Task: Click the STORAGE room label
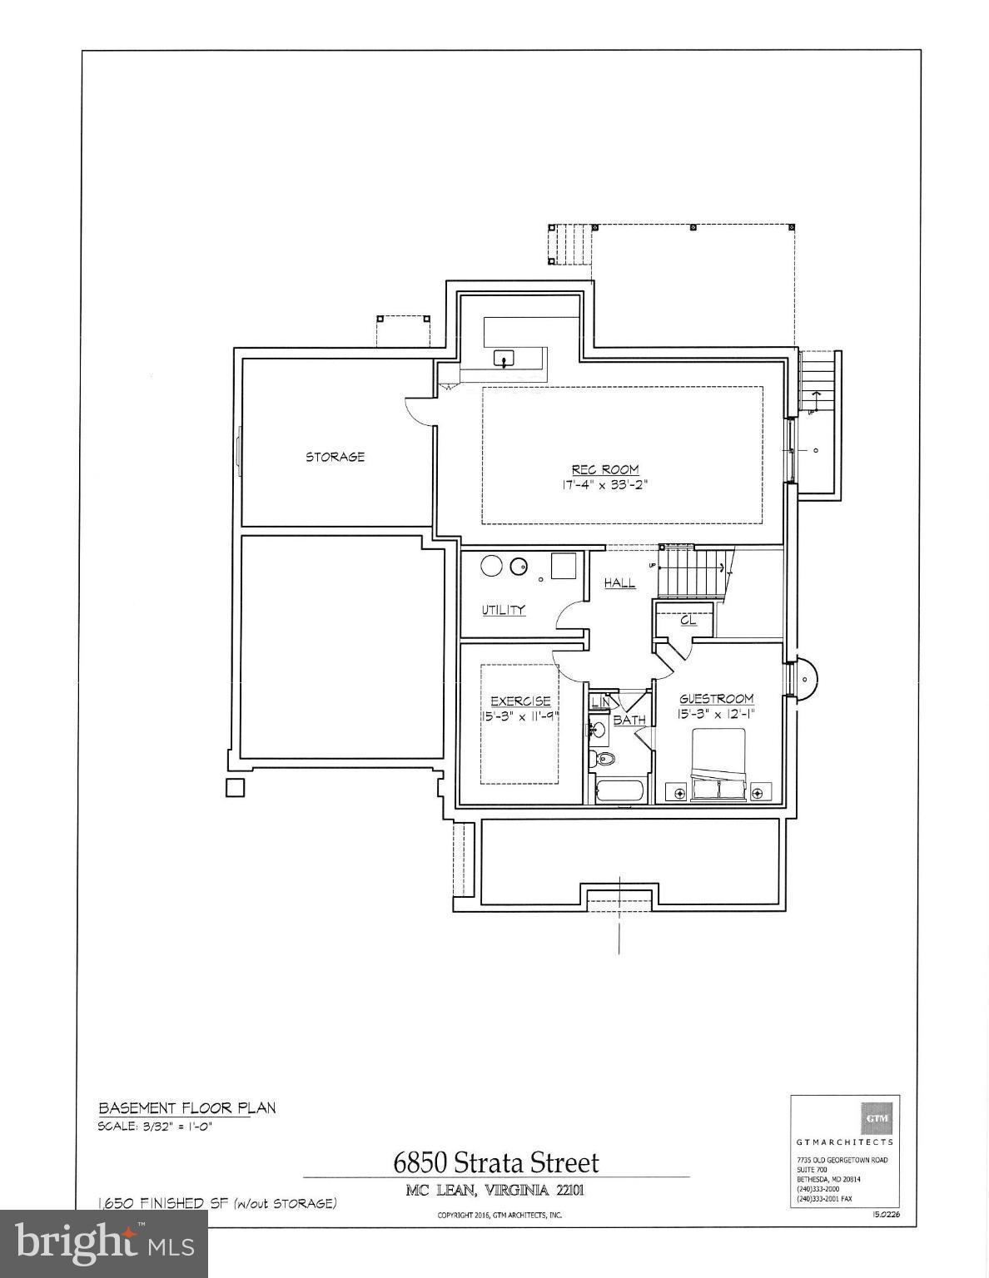(335, 457)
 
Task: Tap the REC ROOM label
(605, 469)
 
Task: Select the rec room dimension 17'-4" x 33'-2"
(604, 484)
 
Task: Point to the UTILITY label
(504, 610)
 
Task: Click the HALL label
(619, 583)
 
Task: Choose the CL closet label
(688, 620)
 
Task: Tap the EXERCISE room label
(520, 701)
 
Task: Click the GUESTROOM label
(717, 699)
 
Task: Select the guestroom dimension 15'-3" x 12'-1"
(717, 714)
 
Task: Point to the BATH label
(629, 720)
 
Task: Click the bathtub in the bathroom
(620, 790)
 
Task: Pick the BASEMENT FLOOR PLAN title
(187, 1108)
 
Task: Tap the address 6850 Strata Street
(496, 1162)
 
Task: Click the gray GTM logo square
(877, 1118)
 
